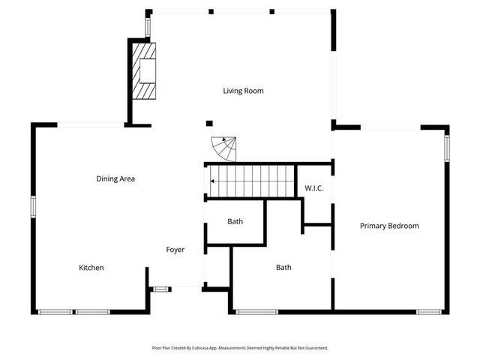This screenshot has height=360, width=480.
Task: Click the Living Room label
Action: tap(243, 91)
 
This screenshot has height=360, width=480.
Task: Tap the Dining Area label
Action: tap(115, 178)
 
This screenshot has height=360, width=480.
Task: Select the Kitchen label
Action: tap(91, 268)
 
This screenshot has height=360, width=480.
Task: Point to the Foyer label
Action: tap(175, 250)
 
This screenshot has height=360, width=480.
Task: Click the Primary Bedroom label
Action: tap(389, 226)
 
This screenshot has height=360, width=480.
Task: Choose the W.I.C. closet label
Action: tap(313, 187)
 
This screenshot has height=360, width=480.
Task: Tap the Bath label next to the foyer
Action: tap(235, 221)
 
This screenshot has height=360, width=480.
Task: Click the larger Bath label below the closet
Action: tap(283, 267)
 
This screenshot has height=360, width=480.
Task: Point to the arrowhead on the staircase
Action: tap(213, 181)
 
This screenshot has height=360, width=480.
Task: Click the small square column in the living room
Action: tap(210, 123)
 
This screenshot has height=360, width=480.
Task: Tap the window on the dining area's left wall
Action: tap(33, 206)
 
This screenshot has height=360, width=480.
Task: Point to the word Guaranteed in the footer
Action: tap(315, 348)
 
